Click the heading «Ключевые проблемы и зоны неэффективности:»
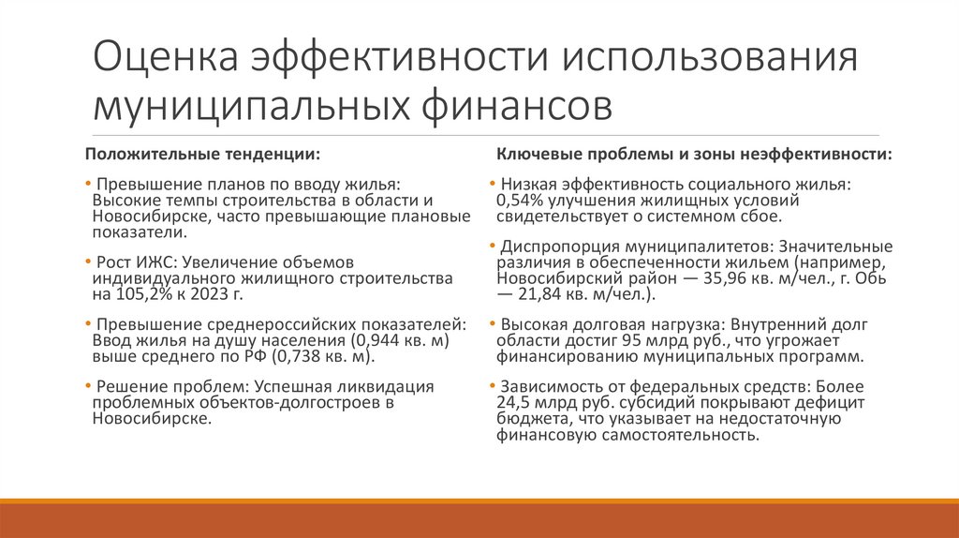(694, 153)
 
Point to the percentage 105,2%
(140, 294)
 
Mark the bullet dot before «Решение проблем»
(89, 386)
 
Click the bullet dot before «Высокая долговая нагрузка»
(492, 323)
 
